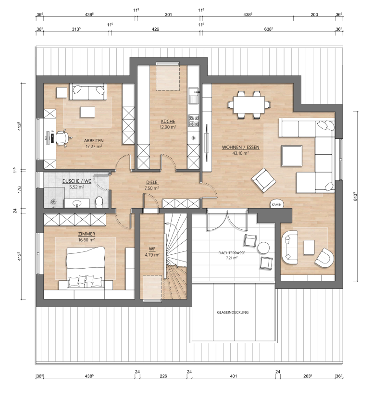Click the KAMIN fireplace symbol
point(277,204)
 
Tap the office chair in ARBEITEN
point(62,138)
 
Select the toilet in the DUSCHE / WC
point(99,201)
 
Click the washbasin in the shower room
point(76,203)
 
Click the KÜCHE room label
point(168,121)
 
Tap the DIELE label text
point(152,182)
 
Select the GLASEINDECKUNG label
point(233,312)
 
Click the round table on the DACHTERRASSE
point(263,248)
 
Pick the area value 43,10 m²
point(240,153)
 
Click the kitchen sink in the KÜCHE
point(194,96)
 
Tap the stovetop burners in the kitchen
point(194,121)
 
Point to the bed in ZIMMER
point(86,268)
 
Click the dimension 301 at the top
point(168,15)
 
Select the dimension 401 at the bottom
point(233,376)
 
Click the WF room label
point(152,249)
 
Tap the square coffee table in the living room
point(292,156)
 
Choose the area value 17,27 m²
point(94,146)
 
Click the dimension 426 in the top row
point(155,29)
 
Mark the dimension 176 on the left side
point(20,189)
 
